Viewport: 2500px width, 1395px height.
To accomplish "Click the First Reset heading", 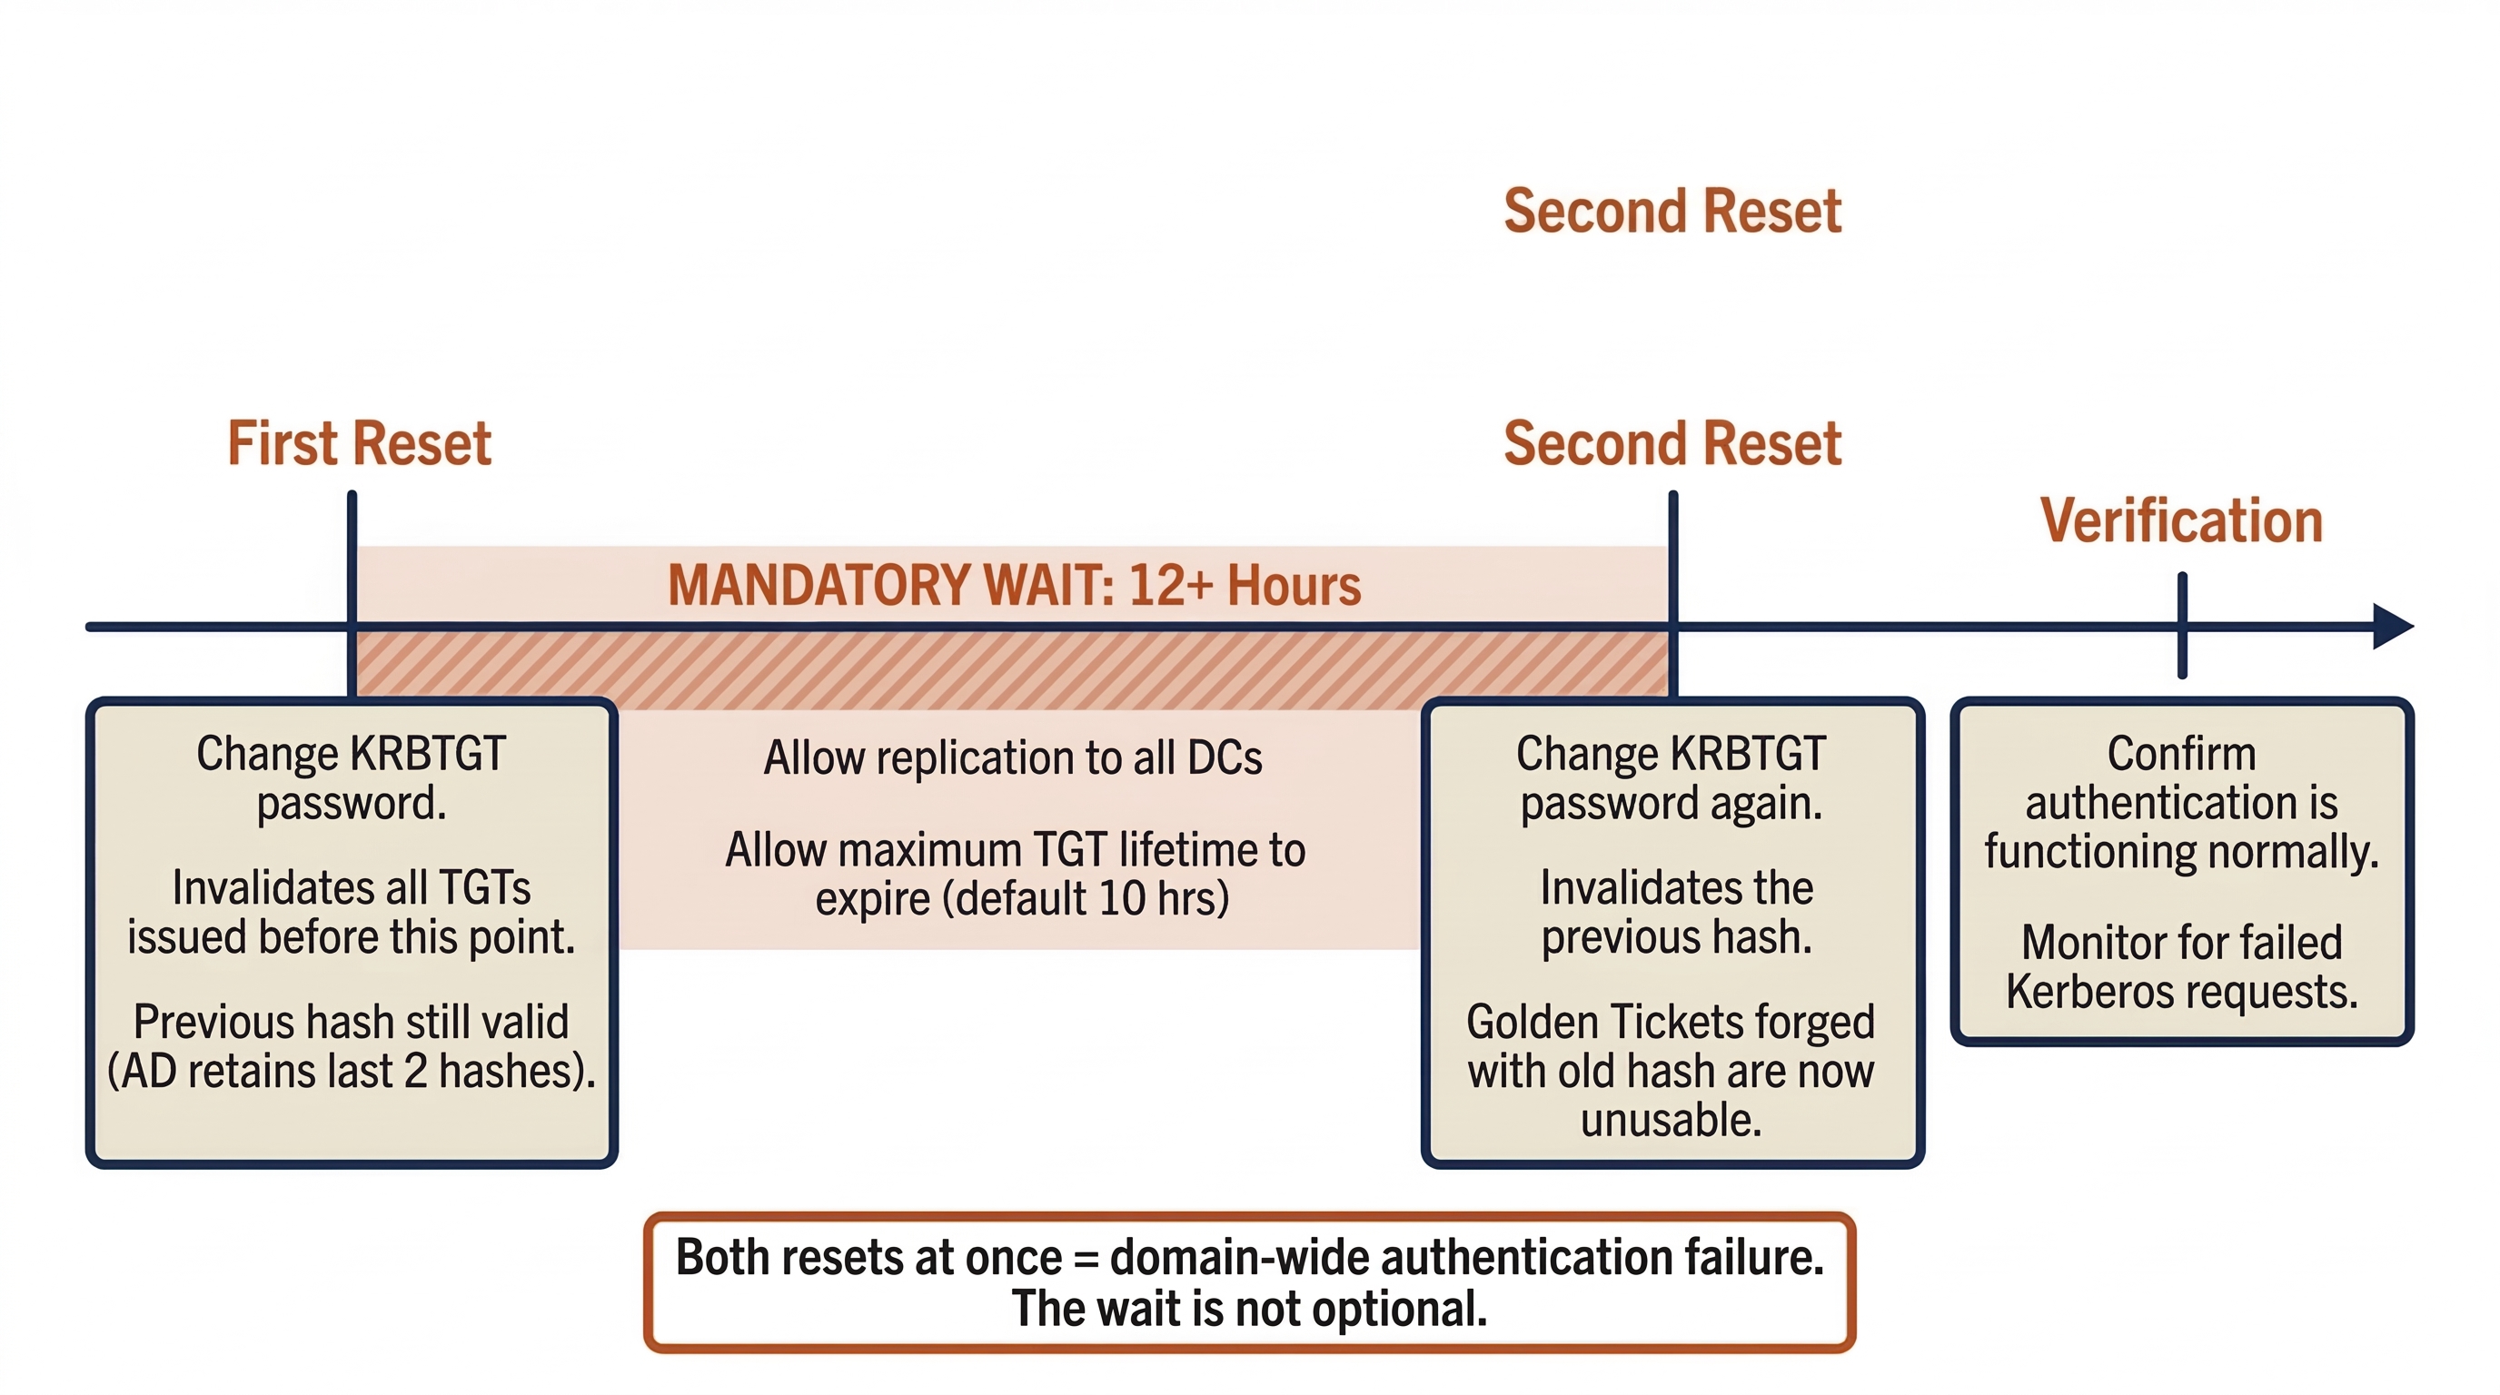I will point(359,444).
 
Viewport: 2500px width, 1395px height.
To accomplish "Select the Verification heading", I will point(2181,521).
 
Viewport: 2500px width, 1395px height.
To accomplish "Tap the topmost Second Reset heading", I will point(1672,212).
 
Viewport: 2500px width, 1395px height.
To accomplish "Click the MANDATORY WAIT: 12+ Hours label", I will point(1014,586).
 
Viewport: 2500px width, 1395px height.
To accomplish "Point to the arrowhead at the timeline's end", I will point(2392,627).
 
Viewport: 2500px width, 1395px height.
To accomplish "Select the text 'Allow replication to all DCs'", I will point(1012,757).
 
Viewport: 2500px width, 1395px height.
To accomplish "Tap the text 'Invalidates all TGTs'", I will point(352,887).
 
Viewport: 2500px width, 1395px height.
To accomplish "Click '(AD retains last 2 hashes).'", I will point(352,1071).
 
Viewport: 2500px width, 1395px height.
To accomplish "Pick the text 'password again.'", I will point(1672,803).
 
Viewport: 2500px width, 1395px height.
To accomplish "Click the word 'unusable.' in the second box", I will point(1672,1120).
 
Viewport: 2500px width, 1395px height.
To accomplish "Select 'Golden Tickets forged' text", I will point(1672,1022).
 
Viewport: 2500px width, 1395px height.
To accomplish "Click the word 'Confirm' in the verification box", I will point(2181,754).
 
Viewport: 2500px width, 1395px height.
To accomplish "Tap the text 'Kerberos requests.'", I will point(2181,992).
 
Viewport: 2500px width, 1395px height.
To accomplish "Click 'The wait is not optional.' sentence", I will point(1249,1309).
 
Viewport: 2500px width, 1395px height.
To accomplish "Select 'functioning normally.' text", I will point(2181,852).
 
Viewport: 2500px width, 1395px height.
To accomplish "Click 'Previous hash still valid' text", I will point(352,1022).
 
